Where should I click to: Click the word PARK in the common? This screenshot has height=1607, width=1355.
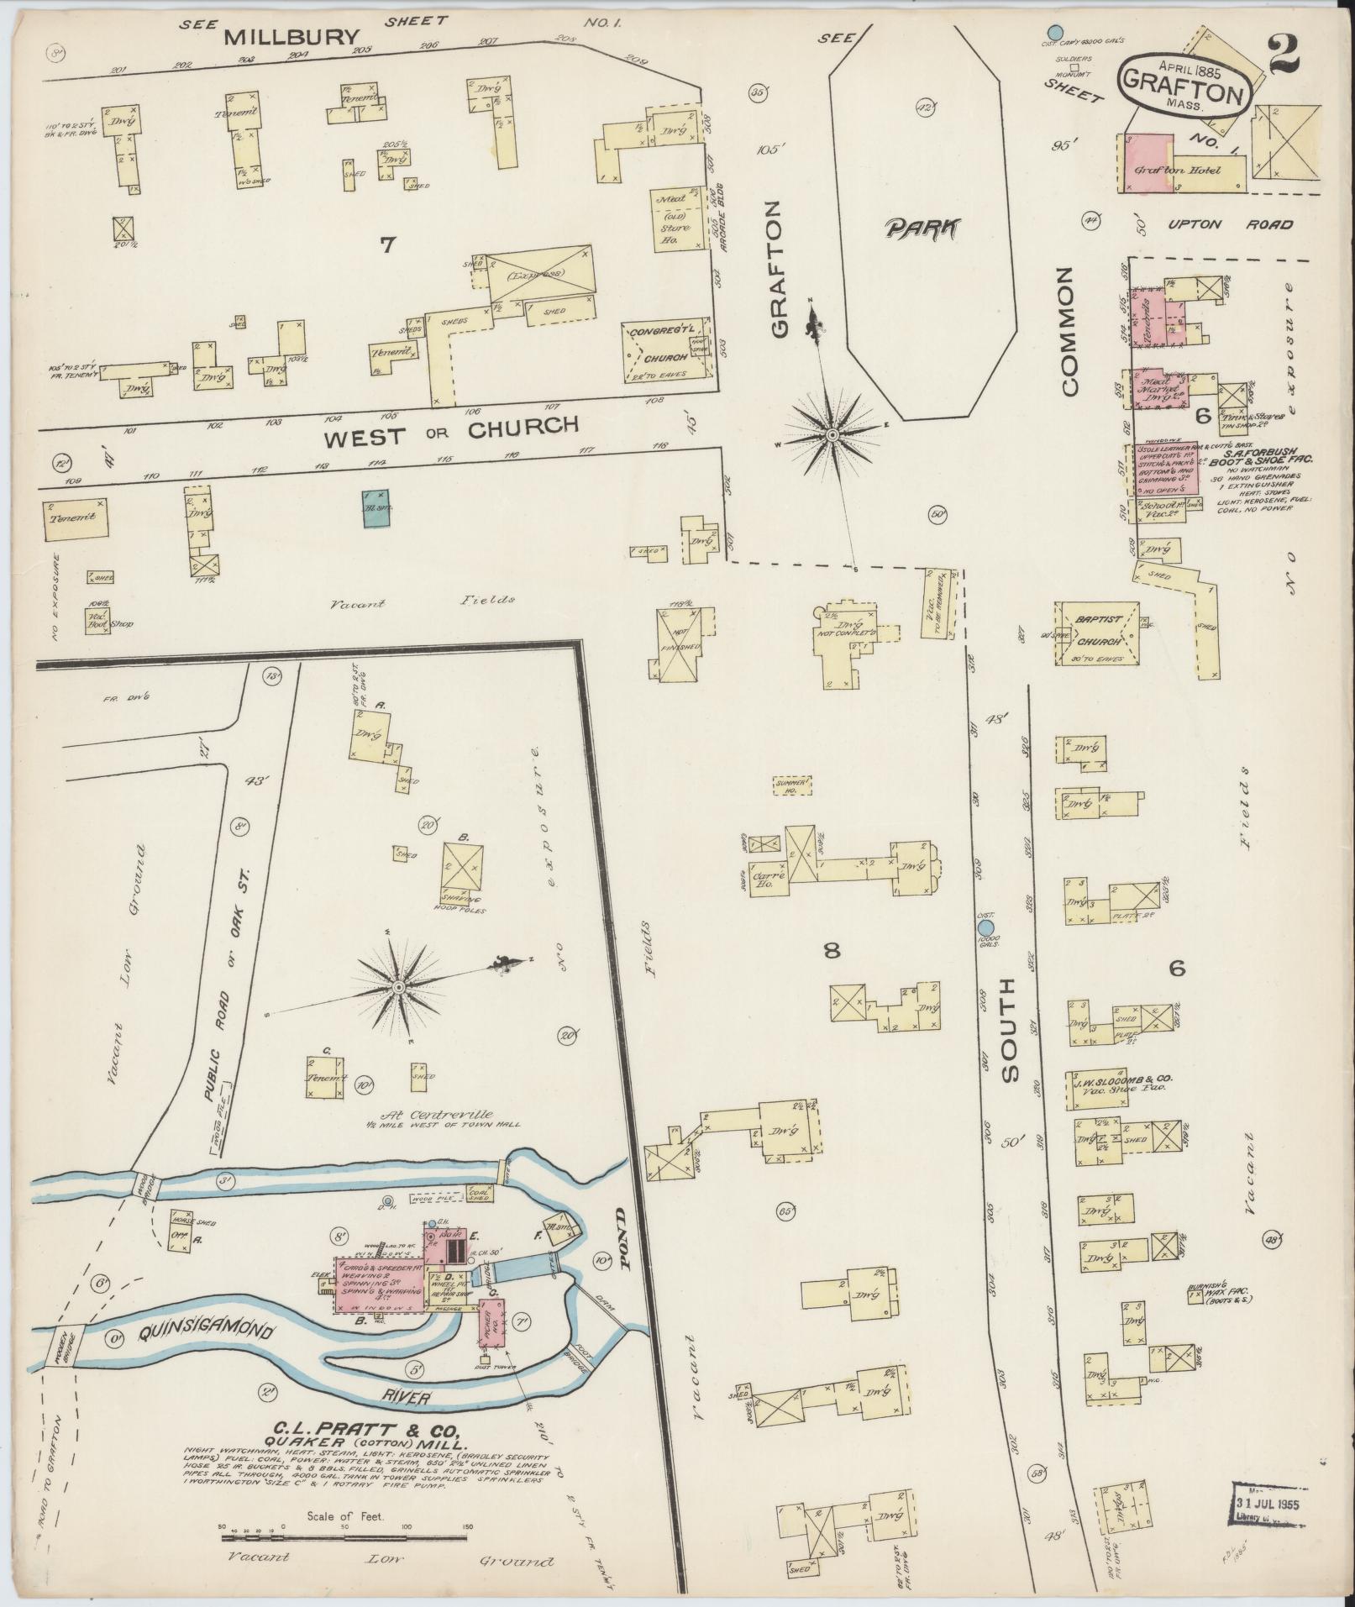(922, 228)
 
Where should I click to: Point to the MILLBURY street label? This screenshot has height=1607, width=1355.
(292, 37)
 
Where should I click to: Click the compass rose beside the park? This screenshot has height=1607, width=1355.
(832, 434)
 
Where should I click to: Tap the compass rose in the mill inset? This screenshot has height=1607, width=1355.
(398, 985)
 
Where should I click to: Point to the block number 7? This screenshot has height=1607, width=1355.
(387, 245)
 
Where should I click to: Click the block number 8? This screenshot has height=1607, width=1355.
(832, 951)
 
